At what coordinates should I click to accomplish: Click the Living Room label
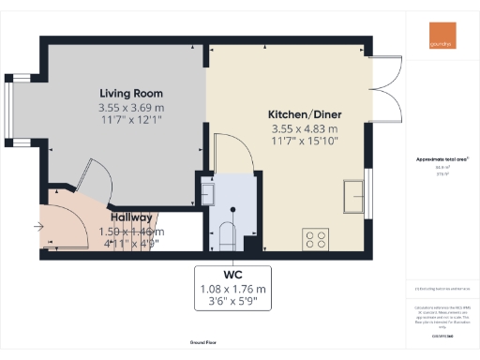[x=131, y=94]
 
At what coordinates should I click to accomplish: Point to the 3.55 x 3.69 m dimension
[x=131, y=108]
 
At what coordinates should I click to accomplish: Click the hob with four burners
[x=314, y=238]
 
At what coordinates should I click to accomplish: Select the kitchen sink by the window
[x=356, y=195]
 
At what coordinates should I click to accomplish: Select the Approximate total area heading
[x=442, y=158]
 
